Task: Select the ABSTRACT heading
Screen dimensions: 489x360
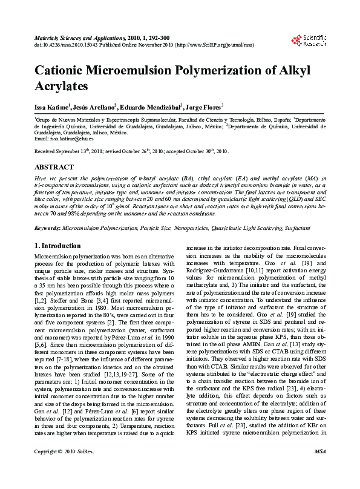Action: pyautogui.click(x=54, y=167)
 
